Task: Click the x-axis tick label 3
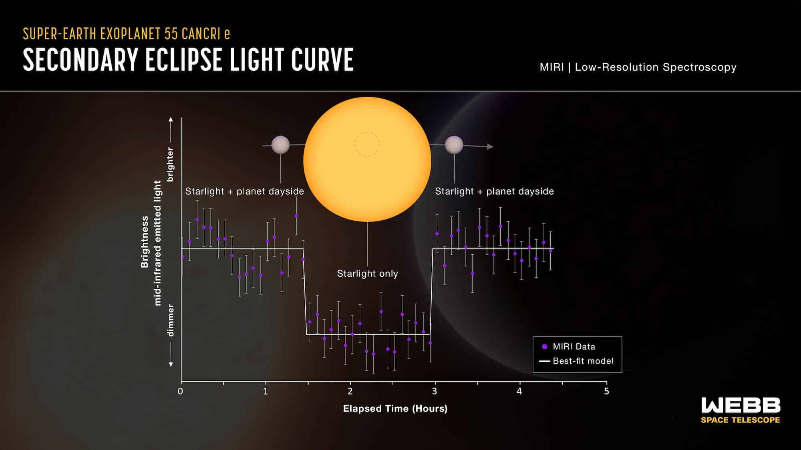pos(435,391)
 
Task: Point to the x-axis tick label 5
pos(606,391)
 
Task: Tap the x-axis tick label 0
pos(180,391)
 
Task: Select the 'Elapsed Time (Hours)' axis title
pos(395,408)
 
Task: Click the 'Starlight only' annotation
pos(367,274)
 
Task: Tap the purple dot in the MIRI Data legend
pos(544,346)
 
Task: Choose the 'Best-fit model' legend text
pos(583,361)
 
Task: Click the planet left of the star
pos(280,145)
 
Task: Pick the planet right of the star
pos(454,145)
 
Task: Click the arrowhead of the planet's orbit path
pos(490,147)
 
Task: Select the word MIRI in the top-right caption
pos(551,67)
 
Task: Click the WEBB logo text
pos(741,405)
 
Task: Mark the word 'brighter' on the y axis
pos(170,164)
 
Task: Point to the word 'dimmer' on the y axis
pos(170,320)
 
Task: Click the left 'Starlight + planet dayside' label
pos(244,191)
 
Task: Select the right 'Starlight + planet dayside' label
pos(494,191)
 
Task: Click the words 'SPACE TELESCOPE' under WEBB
pos(741,420)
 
